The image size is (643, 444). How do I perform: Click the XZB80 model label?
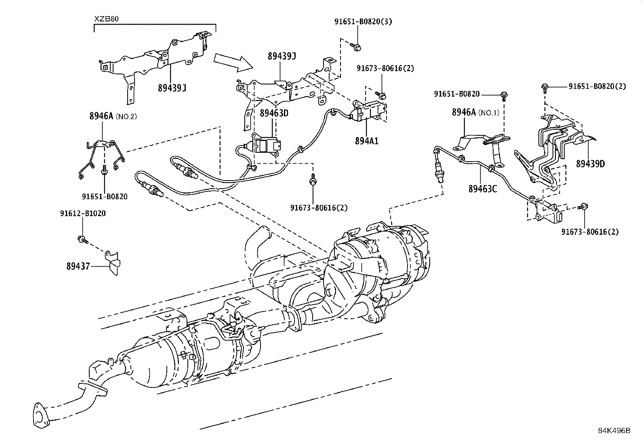pos(107,19)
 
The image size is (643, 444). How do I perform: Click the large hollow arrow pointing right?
pos(232,62)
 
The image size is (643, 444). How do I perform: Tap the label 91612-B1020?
pos(83,213)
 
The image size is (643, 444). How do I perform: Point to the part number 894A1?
pos(367,141)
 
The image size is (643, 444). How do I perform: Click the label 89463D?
pos(274,113)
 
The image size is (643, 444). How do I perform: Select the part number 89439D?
pos(590,164)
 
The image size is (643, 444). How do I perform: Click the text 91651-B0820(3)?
pos(363,22)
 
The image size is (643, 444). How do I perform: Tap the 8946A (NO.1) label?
pos(475,112)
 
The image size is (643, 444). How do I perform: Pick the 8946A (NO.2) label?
pos(113,116)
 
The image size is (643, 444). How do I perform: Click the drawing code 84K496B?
pos(614,430)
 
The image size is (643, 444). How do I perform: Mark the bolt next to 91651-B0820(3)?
pos(356,47)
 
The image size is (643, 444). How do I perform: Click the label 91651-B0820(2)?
pos(597,86)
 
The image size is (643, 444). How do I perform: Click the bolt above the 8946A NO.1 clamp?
pos(504,96)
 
